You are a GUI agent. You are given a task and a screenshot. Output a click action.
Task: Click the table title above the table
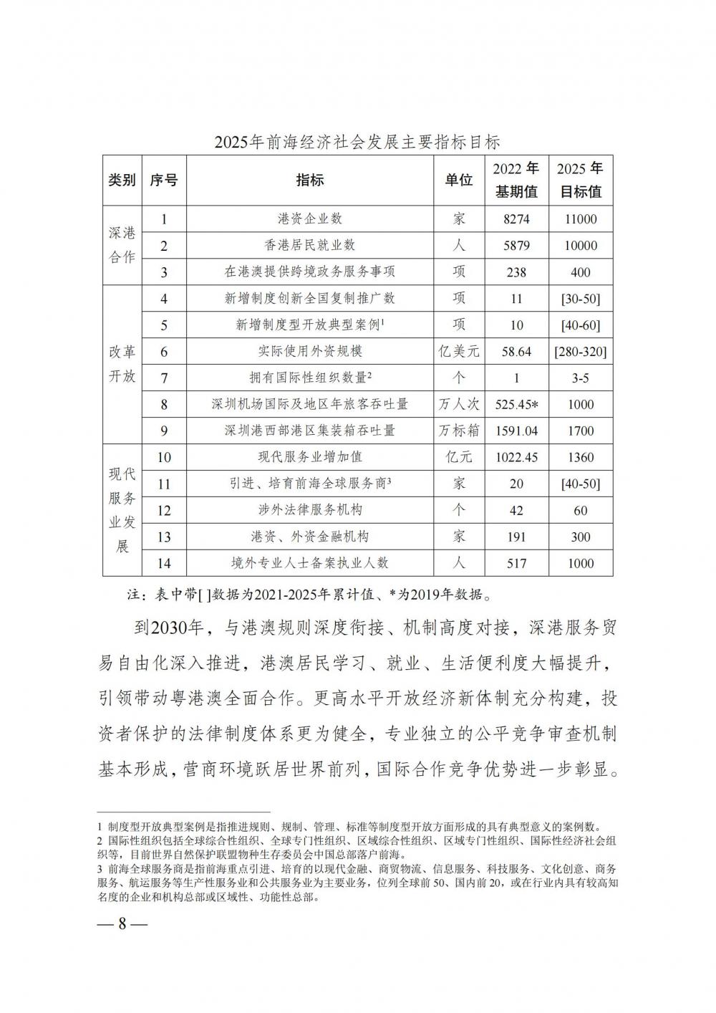pyautogui.click(x=357, y=141)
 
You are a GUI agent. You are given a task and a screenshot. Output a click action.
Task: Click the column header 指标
pyautogui.click(x=310, y=181)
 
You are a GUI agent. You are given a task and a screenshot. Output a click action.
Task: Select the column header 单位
pyautogui.click(x=459, y=181)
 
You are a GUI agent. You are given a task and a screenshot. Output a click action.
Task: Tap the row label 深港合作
pyautogui.click(x=122, y=245)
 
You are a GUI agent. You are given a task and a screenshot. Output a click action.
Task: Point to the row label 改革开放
pyautogui.click(x=122, y=364)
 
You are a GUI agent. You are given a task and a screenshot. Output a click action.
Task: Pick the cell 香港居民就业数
pyautogui.click(x=310, y=246)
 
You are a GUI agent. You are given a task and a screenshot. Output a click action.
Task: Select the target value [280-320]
pyautogui.click(x=580, y=352)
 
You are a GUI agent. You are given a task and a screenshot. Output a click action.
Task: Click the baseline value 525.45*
pyautogui.click(x=516, y=405)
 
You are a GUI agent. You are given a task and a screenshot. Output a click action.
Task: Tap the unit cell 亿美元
pyautogui.click(x=459, y=352)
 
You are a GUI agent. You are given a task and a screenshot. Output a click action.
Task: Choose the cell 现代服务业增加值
pyautogui.click(x=310, y=457)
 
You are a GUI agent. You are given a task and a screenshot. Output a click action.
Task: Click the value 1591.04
pyautogui.click(x=516, y=431)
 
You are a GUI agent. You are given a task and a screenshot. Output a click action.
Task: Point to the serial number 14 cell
pyautogui.click(x=164, y=563)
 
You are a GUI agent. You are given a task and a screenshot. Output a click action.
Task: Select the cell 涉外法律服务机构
pyautogui.click(x=310, y=510)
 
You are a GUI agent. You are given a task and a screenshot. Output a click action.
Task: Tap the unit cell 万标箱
pyautogui.click(x=459, y=431)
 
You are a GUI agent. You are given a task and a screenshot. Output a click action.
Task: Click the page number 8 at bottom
pyautogui.click(x=122, y=923)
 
